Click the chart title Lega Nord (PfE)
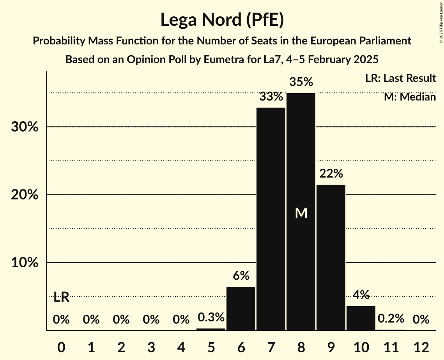click(x=222, y=20)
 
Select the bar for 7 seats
click(x=271, y=218)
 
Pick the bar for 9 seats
click(x=331, y=257)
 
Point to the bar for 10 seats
click(x=361, y=318)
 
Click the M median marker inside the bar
click(x=301, y=213)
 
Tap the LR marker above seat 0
click(x=61, y=298)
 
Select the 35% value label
click(x=301, y=82)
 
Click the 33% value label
click(x=271, y=97)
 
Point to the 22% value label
click(x=331, y=174)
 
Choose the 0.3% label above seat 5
click(x=211, y=318)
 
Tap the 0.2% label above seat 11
click(x=391, y=319)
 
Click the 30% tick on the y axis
click(x=25, y=127)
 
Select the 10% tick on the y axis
click(x=25, y=263)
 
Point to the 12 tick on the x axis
click(x=421, y=347)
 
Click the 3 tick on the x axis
click(x=151, y=347)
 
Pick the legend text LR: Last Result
click(x=400, y=78)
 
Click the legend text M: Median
click(x=410, y=97)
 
